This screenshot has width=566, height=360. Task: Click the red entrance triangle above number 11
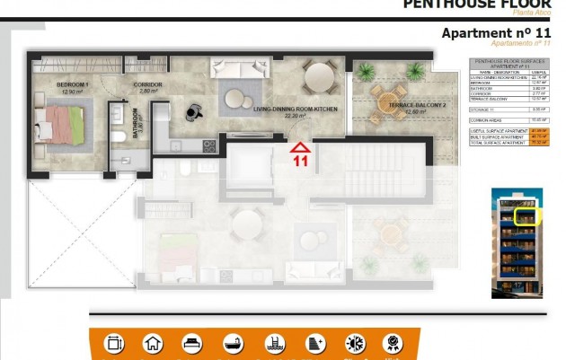(x=300, y=147)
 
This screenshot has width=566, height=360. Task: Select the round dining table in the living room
(x=319, y=79)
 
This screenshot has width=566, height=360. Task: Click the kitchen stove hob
(x=209, y=145)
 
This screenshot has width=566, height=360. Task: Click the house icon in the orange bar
(x=153, y=343)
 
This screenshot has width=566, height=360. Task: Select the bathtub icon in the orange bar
(x=233, y=343)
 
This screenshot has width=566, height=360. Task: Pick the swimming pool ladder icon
(x=273, y=343)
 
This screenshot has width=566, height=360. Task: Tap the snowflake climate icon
(x=355, y=343)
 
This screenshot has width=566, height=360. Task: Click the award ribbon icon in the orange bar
(x=393, y=343)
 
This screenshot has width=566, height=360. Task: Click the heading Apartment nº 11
(x=496, y=32)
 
